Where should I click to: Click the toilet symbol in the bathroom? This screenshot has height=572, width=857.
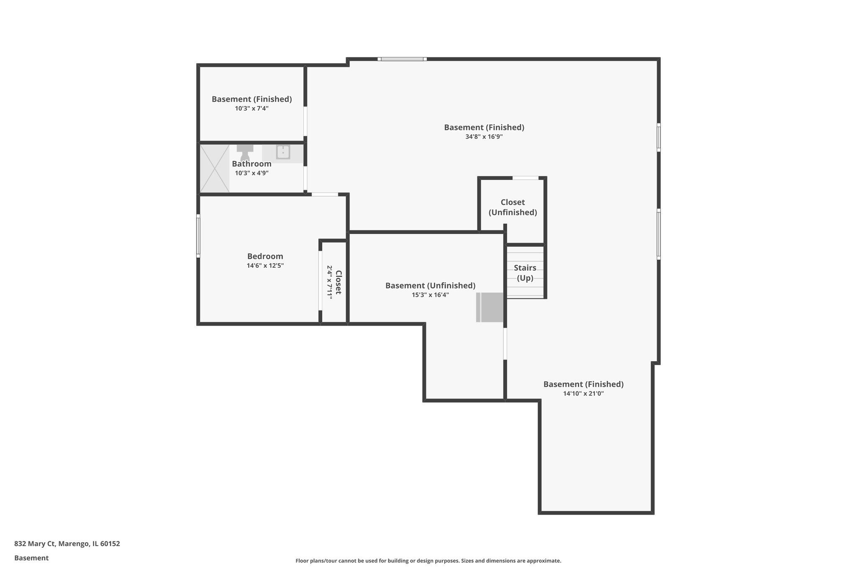pyautogui.click(x=245, y=151)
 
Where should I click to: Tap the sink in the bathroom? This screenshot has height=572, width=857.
pyautogui.click(x=283, y=152)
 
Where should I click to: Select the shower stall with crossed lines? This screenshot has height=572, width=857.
pyautogui.click(x=214, y=168)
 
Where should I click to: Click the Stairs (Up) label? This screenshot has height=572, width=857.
pyautogui.click(x=525, y=273)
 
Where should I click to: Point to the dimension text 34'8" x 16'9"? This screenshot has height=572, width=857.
pyautogui.click(x=484, y=137)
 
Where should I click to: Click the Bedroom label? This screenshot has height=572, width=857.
pyautogui.click(x=265, y=256)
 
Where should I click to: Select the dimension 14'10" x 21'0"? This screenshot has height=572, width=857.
pyautogui.click(x=583, y=393)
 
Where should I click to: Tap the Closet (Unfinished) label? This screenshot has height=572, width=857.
pyautogui.click(x=513, y=207)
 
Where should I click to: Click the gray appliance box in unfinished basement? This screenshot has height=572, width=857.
pyautogui.click(x=490, y=307)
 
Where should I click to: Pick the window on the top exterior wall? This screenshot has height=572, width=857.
pyautogui.click(x=402, y=59)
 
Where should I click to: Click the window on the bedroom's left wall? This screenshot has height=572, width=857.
pyautogui.click(x=198, y=236)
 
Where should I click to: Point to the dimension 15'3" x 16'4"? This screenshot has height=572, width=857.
pyautogui.click(x=430, y=295)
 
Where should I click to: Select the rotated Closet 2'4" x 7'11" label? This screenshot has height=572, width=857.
pyautogui.click(x=334, y=282)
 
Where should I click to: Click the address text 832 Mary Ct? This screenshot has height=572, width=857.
pyautogui.click(x=67, y=544)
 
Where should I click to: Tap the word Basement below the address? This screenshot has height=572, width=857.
pyautogui.click(x=31, y=558)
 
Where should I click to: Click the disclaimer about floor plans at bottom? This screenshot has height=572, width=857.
pyautogui.click(x=428, y=561)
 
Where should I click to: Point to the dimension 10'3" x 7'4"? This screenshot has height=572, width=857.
pyautogui.click(x=251, y=109)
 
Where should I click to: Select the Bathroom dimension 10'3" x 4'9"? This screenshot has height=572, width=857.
pyautogui.click(x=251, y=173)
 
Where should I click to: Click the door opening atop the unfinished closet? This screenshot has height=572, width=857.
pyautogui.click(x=525, y=178)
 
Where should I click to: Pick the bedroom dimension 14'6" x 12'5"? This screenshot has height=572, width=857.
pyautogui.click(x=265, y=266)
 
